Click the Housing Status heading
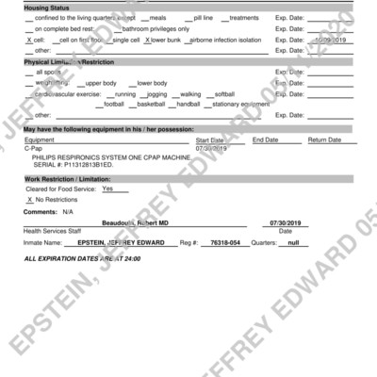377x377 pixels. click(48, 8)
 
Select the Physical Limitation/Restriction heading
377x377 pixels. click(69, 61)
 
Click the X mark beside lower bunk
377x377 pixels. click(147, 41)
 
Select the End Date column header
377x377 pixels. click(265, 139)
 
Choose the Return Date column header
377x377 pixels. click(324, 139)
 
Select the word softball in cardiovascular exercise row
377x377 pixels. click(224, 93)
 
